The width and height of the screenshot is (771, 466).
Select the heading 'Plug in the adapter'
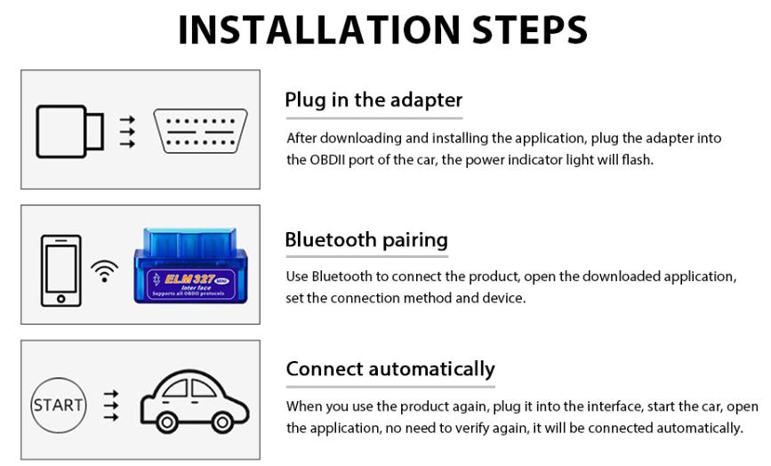coord(373,100)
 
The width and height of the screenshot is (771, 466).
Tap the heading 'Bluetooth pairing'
coord(366,239)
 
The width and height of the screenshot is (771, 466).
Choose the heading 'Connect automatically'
coord(390,368)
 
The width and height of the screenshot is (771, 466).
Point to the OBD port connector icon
coord(200,131)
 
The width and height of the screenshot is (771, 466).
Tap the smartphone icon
coord(61,269)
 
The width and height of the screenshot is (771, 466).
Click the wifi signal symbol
coord(104,270)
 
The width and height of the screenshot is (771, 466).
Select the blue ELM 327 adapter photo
coord(190,266)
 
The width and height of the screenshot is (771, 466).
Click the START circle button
coord(59,406)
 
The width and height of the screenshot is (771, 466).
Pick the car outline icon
coord(195,404)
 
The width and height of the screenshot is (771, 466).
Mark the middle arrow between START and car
coord(111,406)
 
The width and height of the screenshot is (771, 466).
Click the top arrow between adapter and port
coord(127,118)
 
